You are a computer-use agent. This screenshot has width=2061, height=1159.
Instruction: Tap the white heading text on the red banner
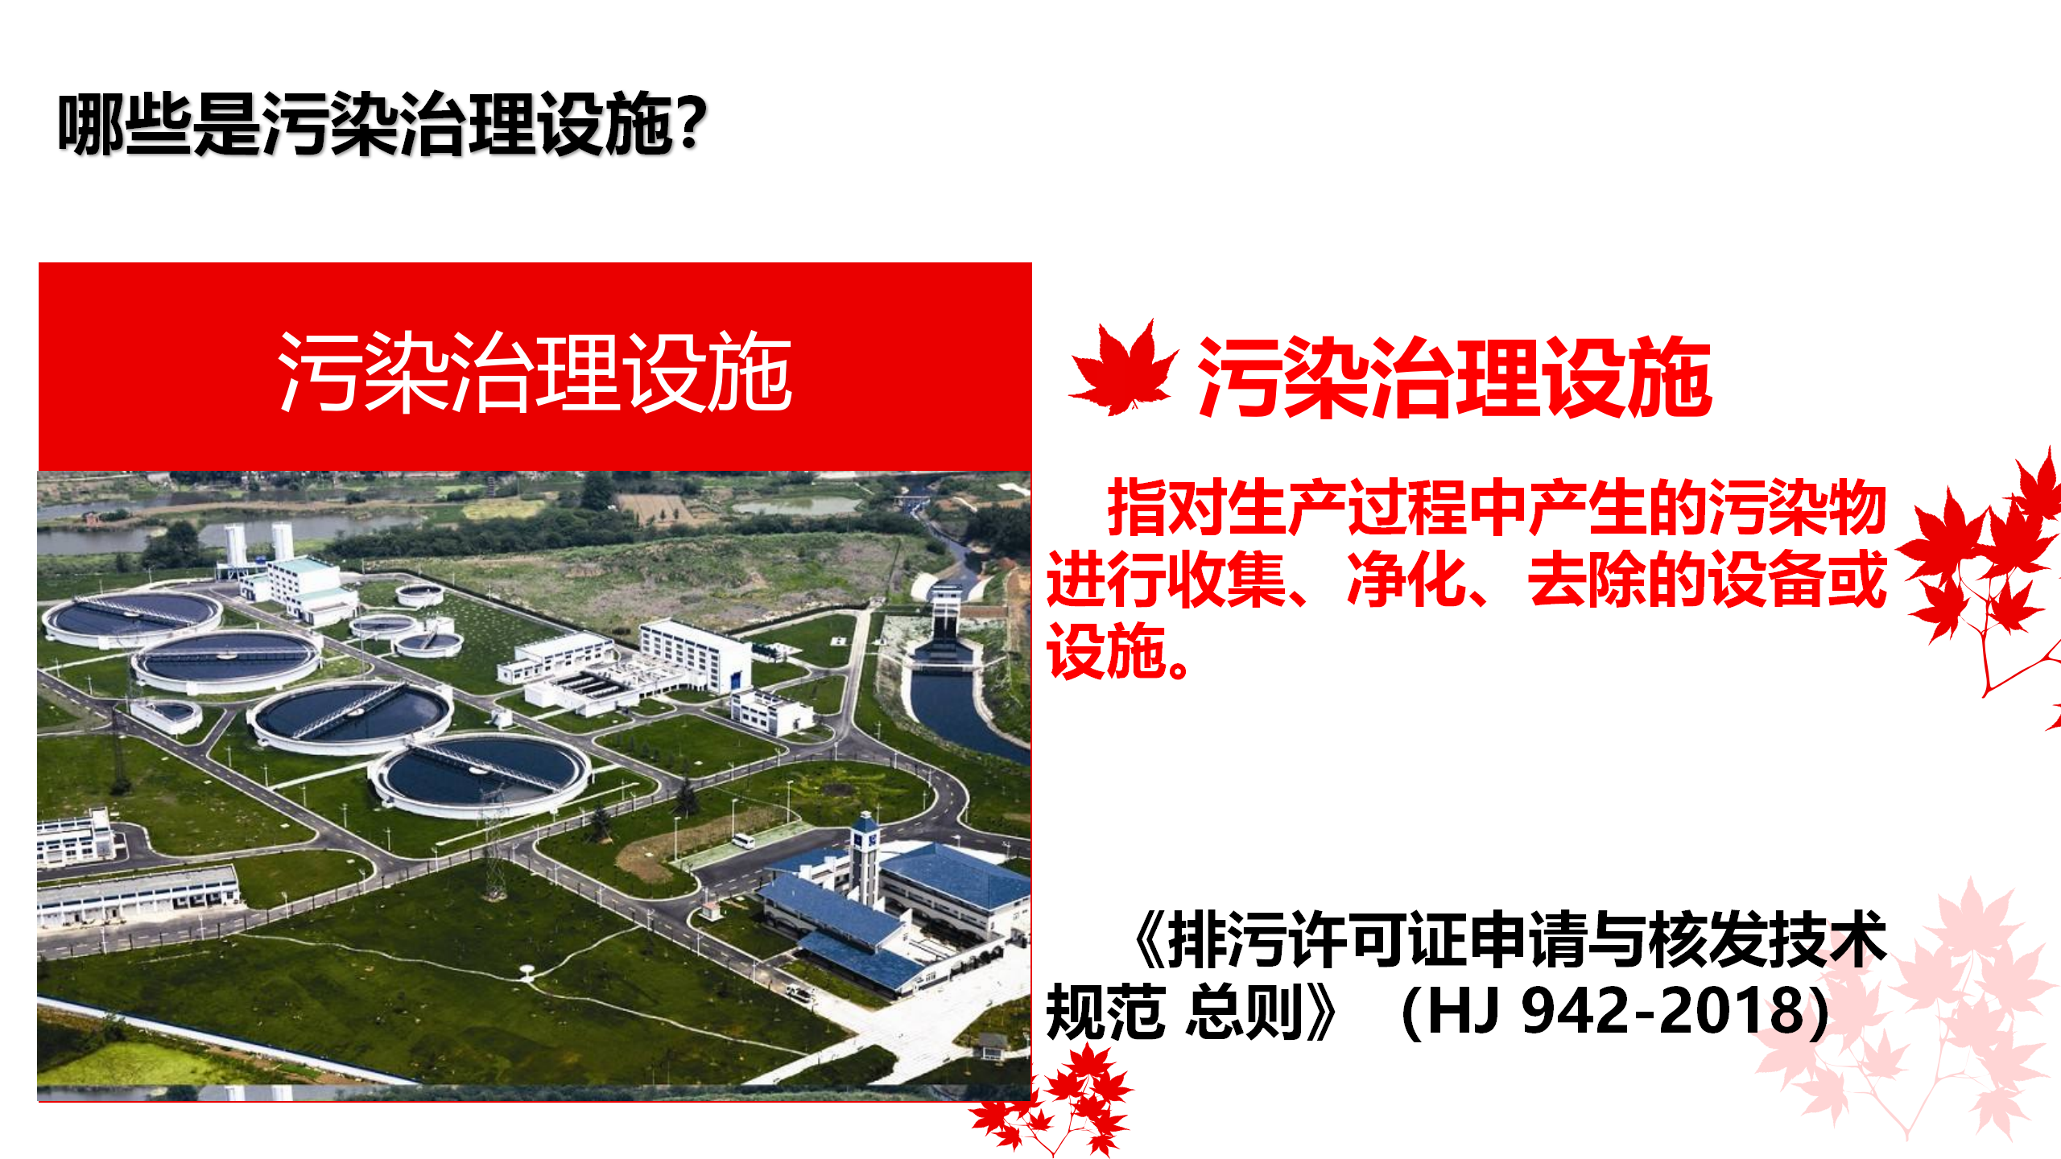point(535,372)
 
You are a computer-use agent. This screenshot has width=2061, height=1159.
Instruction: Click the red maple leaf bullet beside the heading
point(1122,369)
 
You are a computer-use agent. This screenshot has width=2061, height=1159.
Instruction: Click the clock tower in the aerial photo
point(865,857)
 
